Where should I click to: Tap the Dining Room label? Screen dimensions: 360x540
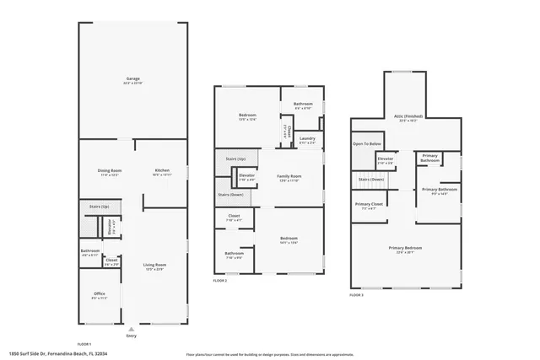tap(110, 171)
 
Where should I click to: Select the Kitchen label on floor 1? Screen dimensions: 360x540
tap(162, 171)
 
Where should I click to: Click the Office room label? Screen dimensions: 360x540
tap(100, 294)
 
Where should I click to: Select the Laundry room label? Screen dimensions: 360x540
tap(307, 138)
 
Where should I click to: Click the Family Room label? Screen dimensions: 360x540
tap(289, 176)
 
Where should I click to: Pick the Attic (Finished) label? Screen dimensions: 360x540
tap(407, 117)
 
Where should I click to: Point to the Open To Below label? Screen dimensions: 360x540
tap(365, 144)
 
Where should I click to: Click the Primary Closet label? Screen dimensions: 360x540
tap(369, 205)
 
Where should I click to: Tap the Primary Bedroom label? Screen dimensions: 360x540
tap(406, 248)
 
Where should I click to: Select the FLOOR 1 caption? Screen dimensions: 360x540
tap(84, 344)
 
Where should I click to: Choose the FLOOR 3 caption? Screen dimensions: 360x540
tap(358, 296)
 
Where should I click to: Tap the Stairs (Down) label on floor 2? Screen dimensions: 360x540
tap(230, 195)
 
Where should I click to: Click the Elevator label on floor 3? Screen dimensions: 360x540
tap(386, 159)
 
